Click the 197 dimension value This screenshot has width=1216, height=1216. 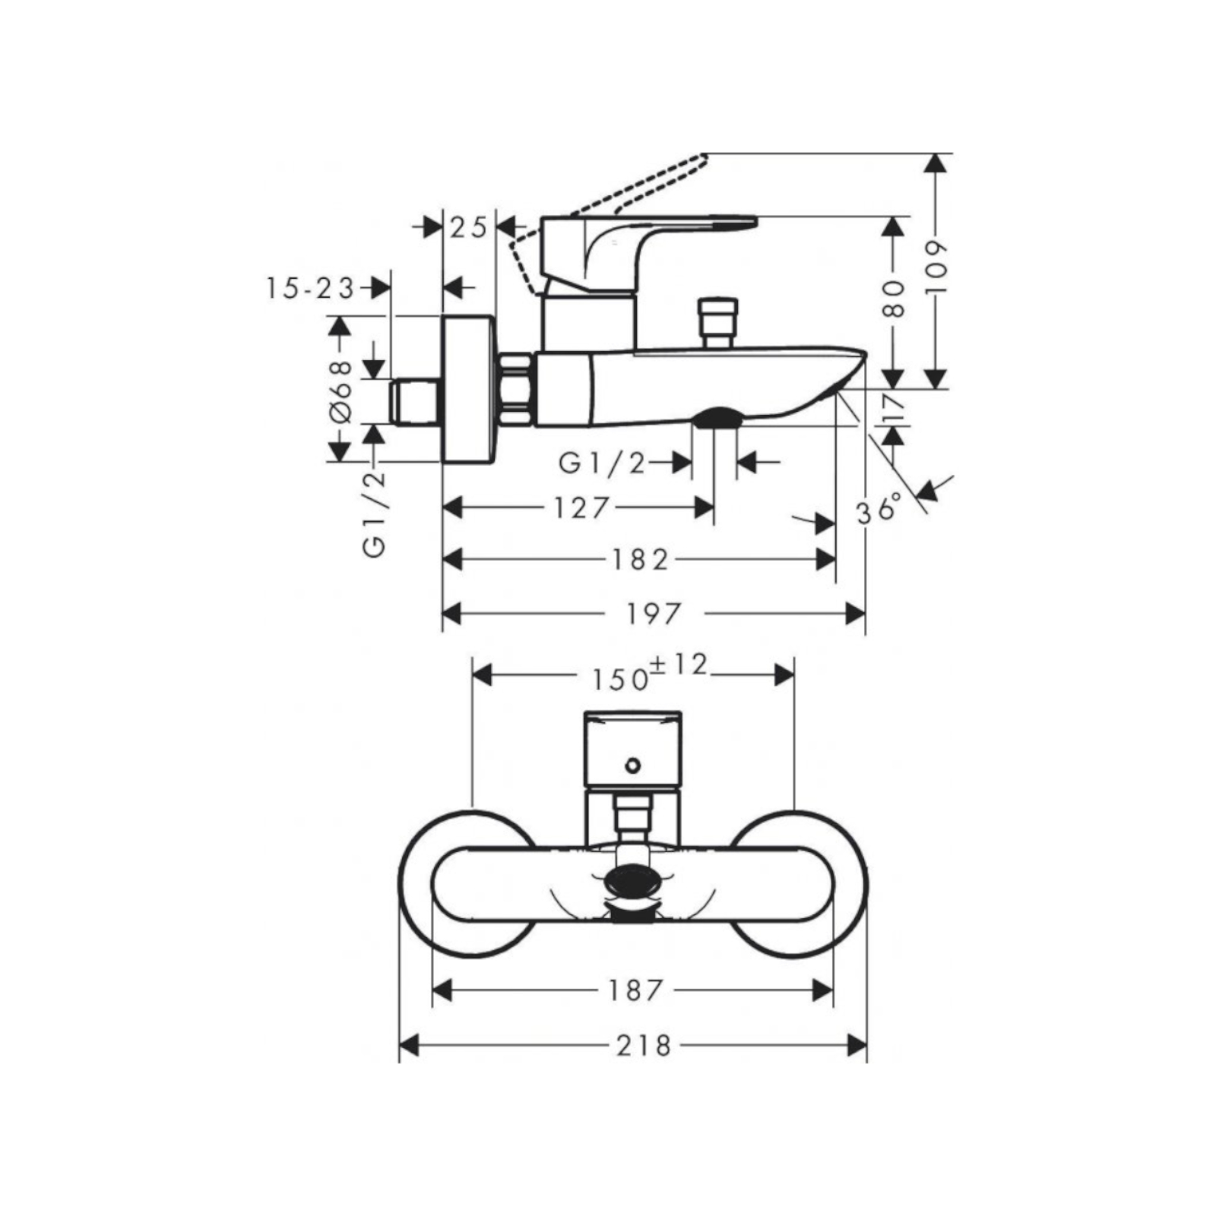tap(653, 613)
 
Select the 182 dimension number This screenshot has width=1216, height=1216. tap(641, 560)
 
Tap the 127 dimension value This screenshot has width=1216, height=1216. tap(581, 508)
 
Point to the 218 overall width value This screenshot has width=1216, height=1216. tap(644, 1046)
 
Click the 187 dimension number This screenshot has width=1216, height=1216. tap(636, 990)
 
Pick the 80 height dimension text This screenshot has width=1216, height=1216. tap(895, 299)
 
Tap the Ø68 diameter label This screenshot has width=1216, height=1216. tap(340, 391)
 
